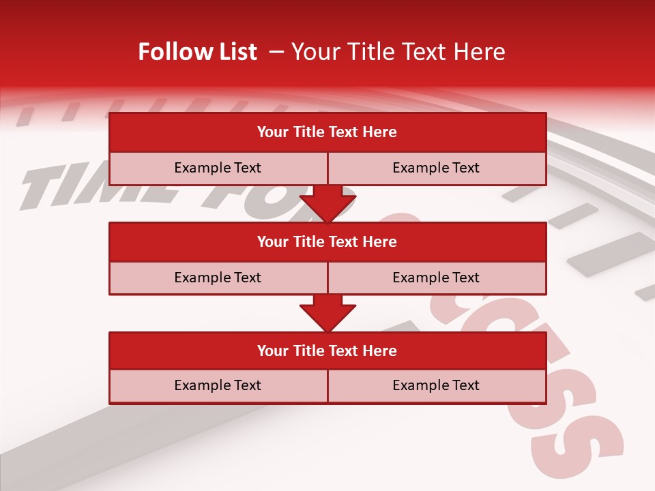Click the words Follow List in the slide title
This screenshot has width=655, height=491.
(x=197, y=52)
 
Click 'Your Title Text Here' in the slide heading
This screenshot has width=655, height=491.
(x=398, y=52)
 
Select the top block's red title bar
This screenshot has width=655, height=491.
(x=327, y=132)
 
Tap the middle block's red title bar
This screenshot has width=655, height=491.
(x=327, y=241)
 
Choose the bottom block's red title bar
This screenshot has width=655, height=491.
(x=327, y=351)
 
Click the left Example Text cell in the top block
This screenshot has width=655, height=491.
(x=218, y=168)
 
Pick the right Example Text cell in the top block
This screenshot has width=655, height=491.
(x=436, y=168)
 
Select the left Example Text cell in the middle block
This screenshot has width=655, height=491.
(x=218, y=278)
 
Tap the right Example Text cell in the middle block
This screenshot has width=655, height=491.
(x=436, y=278)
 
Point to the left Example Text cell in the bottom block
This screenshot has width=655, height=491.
(x=218, y=385)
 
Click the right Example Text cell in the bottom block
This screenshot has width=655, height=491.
(x=436, y=385)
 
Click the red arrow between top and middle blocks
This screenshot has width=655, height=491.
(x=327, y=204)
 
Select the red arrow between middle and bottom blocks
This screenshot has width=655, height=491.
(x=327, y=313)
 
